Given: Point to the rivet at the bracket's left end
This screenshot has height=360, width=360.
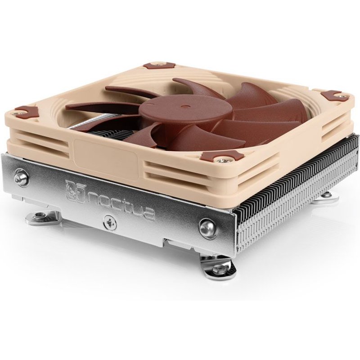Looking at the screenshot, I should pyautogui.click(x=21, y=178).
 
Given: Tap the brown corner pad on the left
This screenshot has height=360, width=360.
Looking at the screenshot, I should pyautogui.click(x=25, y=111).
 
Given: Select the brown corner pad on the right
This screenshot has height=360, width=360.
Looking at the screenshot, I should pyautogui.click(x=332, y=95).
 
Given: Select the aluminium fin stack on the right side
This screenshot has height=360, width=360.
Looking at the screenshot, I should pyautogui.click(x=297, y=189).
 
